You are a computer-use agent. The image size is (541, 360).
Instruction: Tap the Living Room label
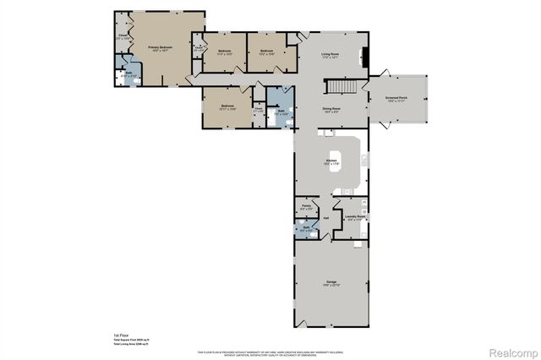click(330, 56)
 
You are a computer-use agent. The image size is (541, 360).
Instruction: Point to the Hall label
click(325, 219)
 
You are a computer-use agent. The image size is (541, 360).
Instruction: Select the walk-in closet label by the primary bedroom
click(123, 36)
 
